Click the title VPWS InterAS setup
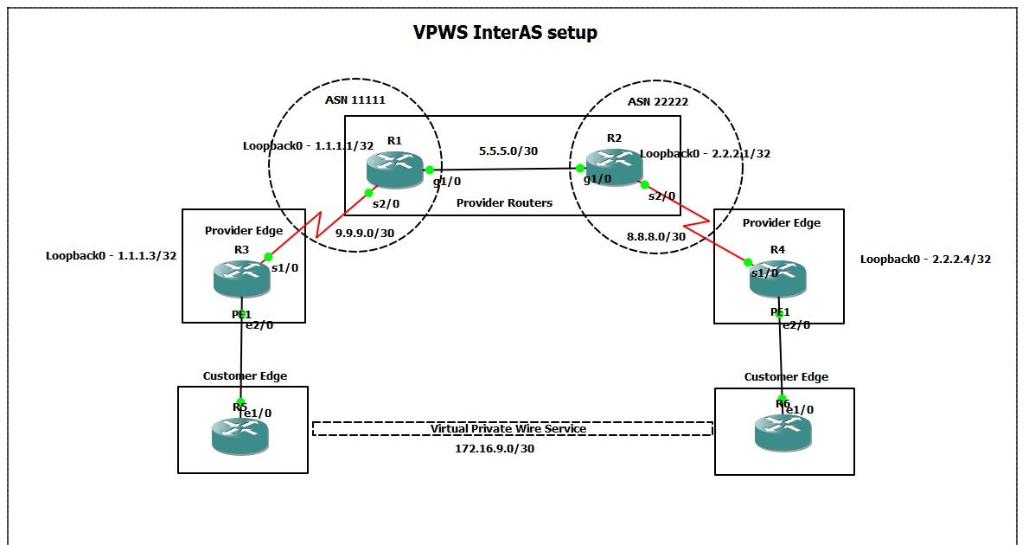[x=505, y=33]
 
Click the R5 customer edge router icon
[x=240, y=435]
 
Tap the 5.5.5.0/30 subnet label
[x=508, y=151]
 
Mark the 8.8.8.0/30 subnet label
[x=656, y=235]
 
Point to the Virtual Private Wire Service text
[x=509, y=429]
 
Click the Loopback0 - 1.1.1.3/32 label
[x=112, y=256]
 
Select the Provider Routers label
[x=504, y=202]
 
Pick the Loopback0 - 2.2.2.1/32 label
[x=705, y=153]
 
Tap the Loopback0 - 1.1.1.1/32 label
[x=308, y=146]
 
